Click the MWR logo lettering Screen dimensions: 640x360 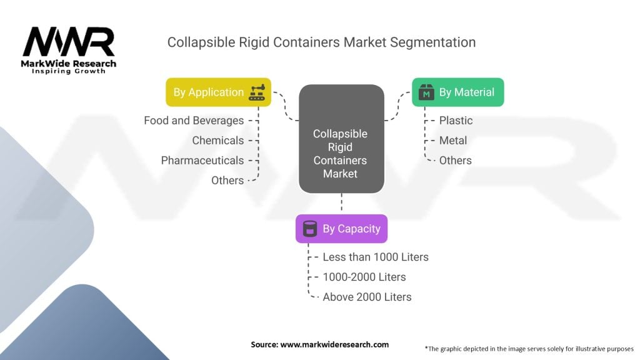pyautogui.click(x=69, y=41)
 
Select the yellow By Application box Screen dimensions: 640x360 pyautogui.click(x=218, y=92)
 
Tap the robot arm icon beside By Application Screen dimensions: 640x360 pyautogui.click(x=257, y=92)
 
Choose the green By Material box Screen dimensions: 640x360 pyautogui.click(x=458, y=92)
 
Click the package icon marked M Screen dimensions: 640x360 pyautogui.click(x=426, y=92)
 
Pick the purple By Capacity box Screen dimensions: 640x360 pyautogui.click(x=342, y=229)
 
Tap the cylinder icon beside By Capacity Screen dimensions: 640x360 pyautogui.click(x=310, y=229)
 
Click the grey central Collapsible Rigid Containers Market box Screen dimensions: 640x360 pyautogui.click(x=342, y=139)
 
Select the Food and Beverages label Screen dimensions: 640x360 pyautogui.click(x=194, y=121)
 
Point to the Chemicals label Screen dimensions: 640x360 pyautogui.click(x=218, y=141)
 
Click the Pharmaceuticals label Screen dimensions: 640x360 pyautogui.click(x=202, y=161)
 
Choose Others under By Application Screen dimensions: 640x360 pyautogui.click(x=227, y=181)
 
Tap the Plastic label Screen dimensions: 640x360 pyautogui.click(x=456, y=121)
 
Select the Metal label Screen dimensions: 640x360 pyautogui.click(x=453, y=141)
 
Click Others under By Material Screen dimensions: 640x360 pyautogui.click(x=456, y=161)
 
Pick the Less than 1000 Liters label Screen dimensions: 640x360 pyautogui.click(x=376, y=257)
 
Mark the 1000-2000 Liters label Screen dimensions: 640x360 pyautogui.click(x=364, y=277)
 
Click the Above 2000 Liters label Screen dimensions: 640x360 pyautogui.click(x=367, y=297)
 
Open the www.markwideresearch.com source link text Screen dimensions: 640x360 pyautogui.click(x=335, y=344)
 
